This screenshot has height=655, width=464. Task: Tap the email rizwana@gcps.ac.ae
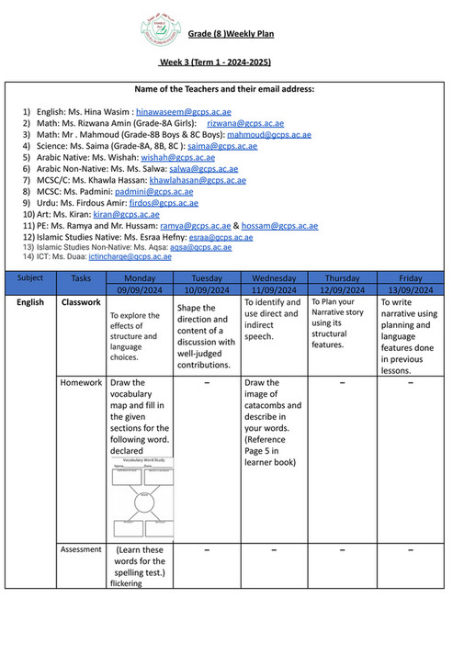pos(245,122)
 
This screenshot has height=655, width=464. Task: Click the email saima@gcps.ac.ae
pos(222,146)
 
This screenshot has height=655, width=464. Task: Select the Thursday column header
pos(342,277)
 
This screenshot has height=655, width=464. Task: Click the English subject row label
pos(30,302)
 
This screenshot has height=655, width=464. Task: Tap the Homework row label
pos(81,382)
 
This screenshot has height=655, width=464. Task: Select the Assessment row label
pos(81,548)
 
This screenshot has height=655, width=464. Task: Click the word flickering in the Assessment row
pos(126,583)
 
